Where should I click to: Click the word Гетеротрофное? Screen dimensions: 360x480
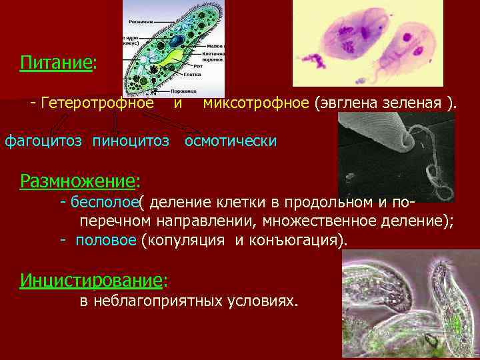97,103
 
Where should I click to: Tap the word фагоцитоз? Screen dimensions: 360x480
44,141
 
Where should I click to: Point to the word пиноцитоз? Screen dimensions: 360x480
131,141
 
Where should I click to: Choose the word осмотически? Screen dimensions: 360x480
231,141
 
